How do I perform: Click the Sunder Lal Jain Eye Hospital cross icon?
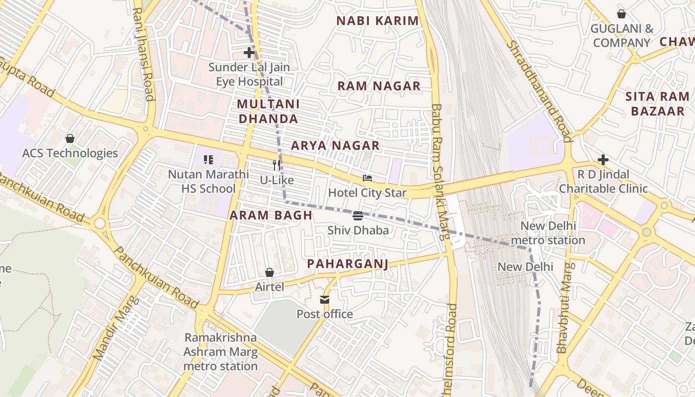(x=249, y=52)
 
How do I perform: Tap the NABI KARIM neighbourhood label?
(x=378, y=21)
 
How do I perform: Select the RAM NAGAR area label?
(x=379, y=86)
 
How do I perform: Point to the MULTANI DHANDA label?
(x=268, y=111)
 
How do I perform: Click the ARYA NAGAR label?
(x=335, y=145)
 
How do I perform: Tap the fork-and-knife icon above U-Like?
(x=277, y=165)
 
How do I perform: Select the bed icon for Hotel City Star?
(x=367, y=178)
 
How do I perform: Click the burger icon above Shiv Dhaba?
(x=358, y=215)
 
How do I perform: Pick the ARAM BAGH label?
(x=271, y=215)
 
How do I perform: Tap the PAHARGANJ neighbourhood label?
(x=347, y=264)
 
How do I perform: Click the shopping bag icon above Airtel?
(x=270, y=272)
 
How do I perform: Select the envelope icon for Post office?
(x=325, y=300)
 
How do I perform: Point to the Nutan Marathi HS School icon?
(x=208, y=160)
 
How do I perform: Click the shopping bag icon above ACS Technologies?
(x=70, y=138)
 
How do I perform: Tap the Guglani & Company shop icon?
(x=621, y=14)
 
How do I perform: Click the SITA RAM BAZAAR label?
(x=657, y=104)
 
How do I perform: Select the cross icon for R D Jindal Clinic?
(x=603, y=159)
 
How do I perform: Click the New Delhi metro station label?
(x=548, y=233)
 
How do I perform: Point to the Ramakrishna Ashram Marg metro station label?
(x=220, y=352)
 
